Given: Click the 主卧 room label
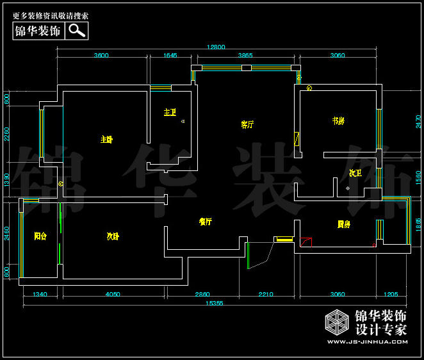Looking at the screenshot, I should point(106,139).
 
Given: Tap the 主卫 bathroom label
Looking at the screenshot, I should point(169,112).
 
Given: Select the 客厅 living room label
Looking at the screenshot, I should point(247,124).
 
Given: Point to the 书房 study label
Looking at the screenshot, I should point(338,120).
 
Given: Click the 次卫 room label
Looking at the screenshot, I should point(355,173).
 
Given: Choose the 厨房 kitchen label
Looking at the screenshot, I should point(344,224).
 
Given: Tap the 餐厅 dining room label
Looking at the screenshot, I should point(205,222).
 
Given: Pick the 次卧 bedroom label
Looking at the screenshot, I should point(113,236).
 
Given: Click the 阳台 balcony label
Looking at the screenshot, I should point(40,236).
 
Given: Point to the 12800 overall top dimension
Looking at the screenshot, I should point(216,47).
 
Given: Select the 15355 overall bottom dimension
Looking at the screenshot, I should point(215,304).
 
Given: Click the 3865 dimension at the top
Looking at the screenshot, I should point(245,56).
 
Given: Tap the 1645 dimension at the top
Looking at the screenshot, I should point(170,56).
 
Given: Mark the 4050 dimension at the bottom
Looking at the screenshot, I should point(113,295).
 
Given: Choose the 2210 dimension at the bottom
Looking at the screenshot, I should point(265,295).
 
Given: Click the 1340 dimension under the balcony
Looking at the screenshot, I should point(40,295).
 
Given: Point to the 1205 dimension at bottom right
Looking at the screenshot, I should point(391,295).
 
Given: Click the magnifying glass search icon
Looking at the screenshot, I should point(77,30).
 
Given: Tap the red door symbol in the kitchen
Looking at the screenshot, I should point(306,241).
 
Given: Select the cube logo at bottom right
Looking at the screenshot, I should point(336,323).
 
